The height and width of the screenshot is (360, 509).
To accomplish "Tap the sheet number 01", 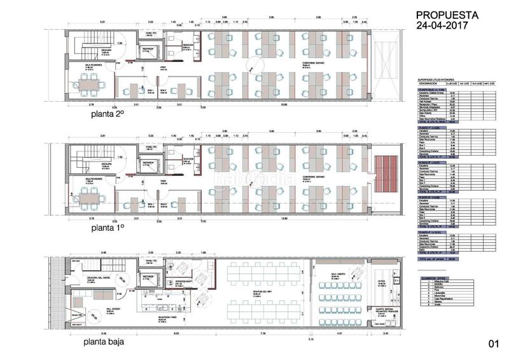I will pos(493,343).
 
